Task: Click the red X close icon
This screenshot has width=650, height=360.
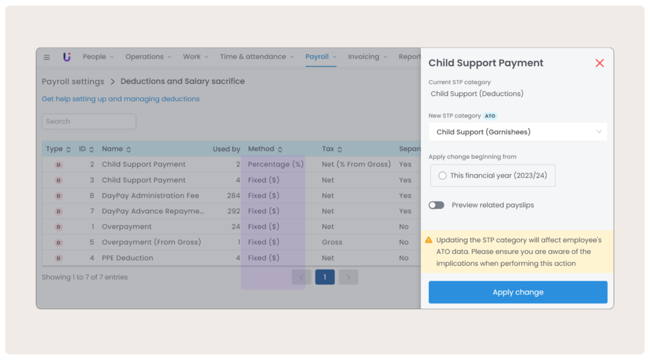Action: point(599,63)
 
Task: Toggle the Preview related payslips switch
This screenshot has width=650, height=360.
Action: point(436,205)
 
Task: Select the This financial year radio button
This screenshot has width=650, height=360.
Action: point(442,176)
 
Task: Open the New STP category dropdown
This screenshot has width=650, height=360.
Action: point(517,132)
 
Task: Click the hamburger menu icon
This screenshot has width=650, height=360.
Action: point(46,57)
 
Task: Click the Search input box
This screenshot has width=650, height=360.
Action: point(89,121)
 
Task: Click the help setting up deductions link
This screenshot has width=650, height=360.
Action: point(121,99)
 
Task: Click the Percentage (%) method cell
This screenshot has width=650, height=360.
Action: point(275,164)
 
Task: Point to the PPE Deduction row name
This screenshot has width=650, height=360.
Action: point(128,258)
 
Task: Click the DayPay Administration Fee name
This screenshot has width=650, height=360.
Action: point(150,196)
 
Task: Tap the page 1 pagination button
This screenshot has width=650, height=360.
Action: point(325,277)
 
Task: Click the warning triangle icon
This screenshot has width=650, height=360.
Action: point(428,240)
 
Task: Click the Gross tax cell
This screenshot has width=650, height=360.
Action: point(332,242)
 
